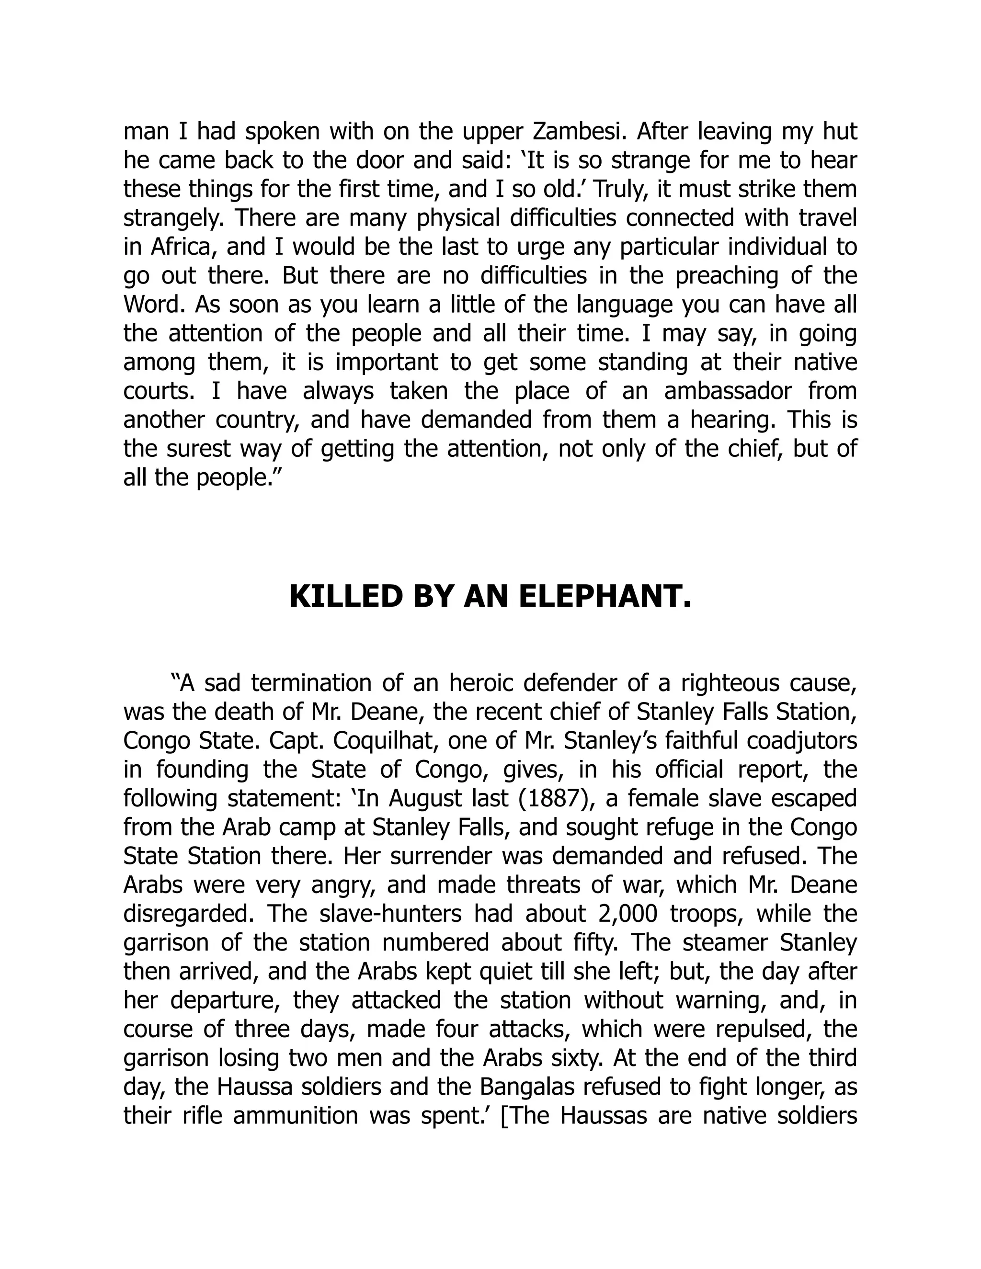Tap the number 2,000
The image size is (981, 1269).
[x=626, y=914]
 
